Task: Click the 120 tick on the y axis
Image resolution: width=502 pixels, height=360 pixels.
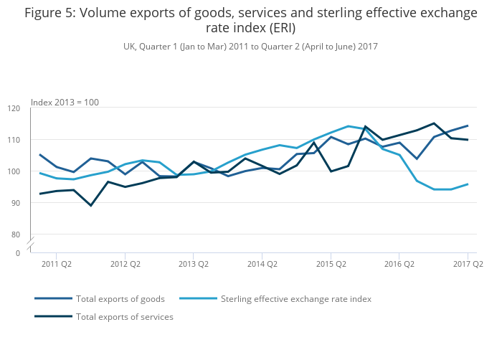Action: coord(14,108)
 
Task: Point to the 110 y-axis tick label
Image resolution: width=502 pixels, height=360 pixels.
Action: coord(14,140)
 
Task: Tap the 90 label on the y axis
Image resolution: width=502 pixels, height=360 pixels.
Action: coord(15,203)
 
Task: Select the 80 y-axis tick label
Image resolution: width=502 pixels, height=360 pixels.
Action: coord(15,235)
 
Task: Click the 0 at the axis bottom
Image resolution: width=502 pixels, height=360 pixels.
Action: coord(17,253)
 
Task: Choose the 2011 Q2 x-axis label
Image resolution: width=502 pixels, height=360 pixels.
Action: coord(56,264)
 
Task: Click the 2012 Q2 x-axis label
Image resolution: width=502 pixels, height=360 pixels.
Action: coord(124,264)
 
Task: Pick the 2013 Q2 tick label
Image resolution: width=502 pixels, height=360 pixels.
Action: coord(193,264)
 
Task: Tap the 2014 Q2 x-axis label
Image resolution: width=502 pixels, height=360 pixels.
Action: coord(262,264)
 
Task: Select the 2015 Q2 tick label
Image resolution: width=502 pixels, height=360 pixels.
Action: coord(330,264)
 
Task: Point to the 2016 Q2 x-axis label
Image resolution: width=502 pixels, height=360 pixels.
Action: coord(399,264)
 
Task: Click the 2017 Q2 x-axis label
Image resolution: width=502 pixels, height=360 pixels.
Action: coord(468,264)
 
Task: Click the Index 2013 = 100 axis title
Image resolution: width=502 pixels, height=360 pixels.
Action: coord(65,102)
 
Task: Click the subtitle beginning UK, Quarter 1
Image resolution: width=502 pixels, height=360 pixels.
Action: coord(250,46)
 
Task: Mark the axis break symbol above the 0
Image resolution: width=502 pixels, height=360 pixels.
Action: coord(32,245)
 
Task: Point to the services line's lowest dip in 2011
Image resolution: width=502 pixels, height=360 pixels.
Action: coord(90,206)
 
